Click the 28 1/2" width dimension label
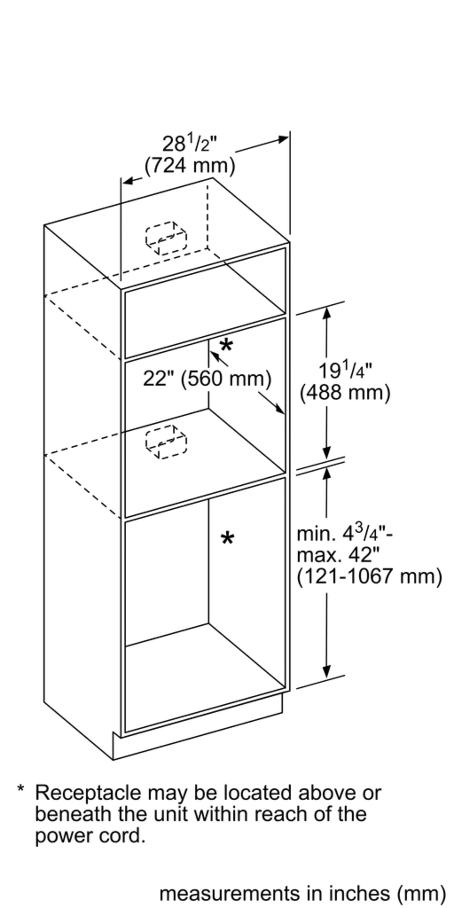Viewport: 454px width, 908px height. (x=190, y=143)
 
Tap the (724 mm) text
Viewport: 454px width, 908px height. (x=190, y=165)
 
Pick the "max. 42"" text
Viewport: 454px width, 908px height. (x=338, y=555)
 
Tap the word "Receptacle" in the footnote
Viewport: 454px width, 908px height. (x=88, y=793)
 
